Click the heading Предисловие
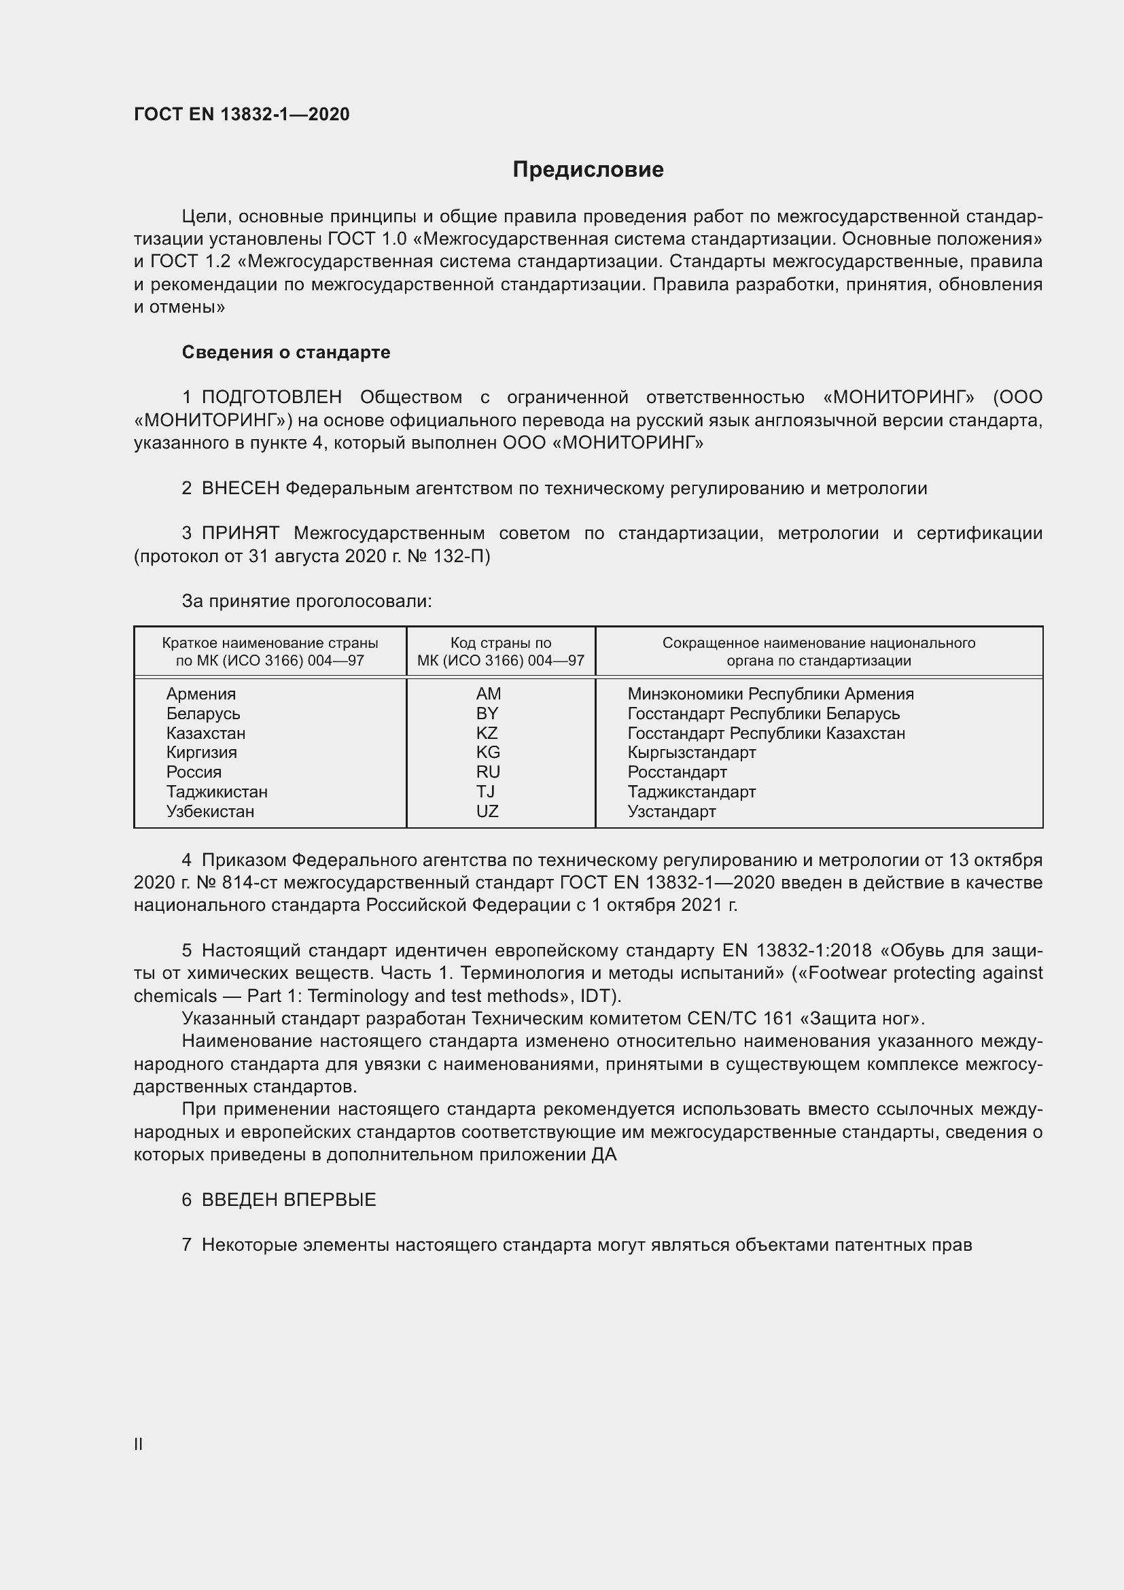(x=588, y=170)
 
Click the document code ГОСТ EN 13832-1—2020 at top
(x=241, y=114)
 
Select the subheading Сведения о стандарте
(x=286, y=353)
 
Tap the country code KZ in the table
(x=487, y=733)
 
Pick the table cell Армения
(x=200, y=694)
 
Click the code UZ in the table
(x=487, y=811)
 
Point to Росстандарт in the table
(x=677, y=772)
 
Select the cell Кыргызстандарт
(x=691, y=752)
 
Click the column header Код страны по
(x=500, y=642)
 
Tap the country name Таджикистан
(x=217, y=791)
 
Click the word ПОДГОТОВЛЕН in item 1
(x=271, y=398)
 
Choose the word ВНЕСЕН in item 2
(x=240, y=488)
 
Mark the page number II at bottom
(x=139, y=1444)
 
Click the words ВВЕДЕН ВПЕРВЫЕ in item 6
(x=289, y=1200)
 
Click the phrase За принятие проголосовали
(x=306, y=601)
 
